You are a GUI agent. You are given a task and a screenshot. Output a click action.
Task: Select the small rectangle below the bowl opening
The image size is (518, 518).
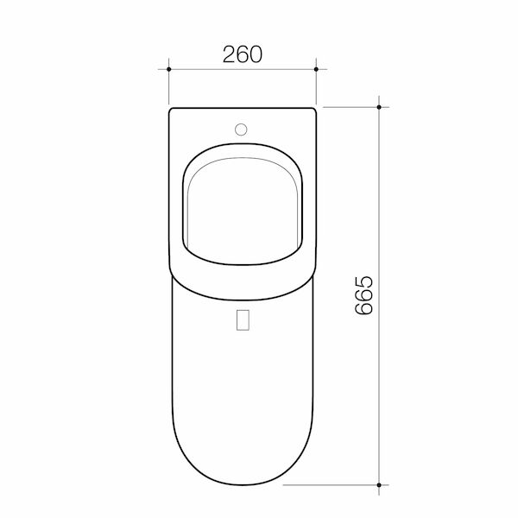[x=243, y=319]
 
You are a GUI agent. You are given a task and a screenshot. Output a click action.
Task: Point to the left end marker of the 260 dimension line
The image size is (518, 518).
[x=169, y=67]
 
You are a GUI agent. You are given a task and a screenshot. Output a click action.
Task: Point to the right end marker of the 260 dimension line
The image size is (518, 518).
[x=317, y=67]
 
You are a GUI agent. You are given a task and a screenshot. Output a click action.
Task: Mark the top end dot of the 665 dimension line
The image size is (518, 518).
[x=380, y=106]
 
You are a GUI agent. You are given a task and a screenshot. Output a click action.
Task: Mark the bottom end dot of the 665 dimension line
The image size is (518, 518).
[x=380, y=484]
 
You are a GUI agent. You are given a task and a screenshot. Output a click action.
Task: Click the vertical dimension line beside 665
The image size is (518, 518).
[x=380, y=388]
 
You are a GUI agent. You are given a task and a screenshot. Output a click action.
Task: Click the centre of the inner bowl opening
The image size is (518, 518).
[x=243, y=207]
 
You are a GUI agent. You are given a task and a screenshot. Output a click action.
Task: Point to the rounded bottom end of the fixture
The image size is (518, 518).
[x=243, y=483]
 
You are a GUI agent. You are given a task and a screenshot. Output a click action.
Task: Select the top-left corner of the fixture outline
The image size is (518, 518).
[x=172, y=111]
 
